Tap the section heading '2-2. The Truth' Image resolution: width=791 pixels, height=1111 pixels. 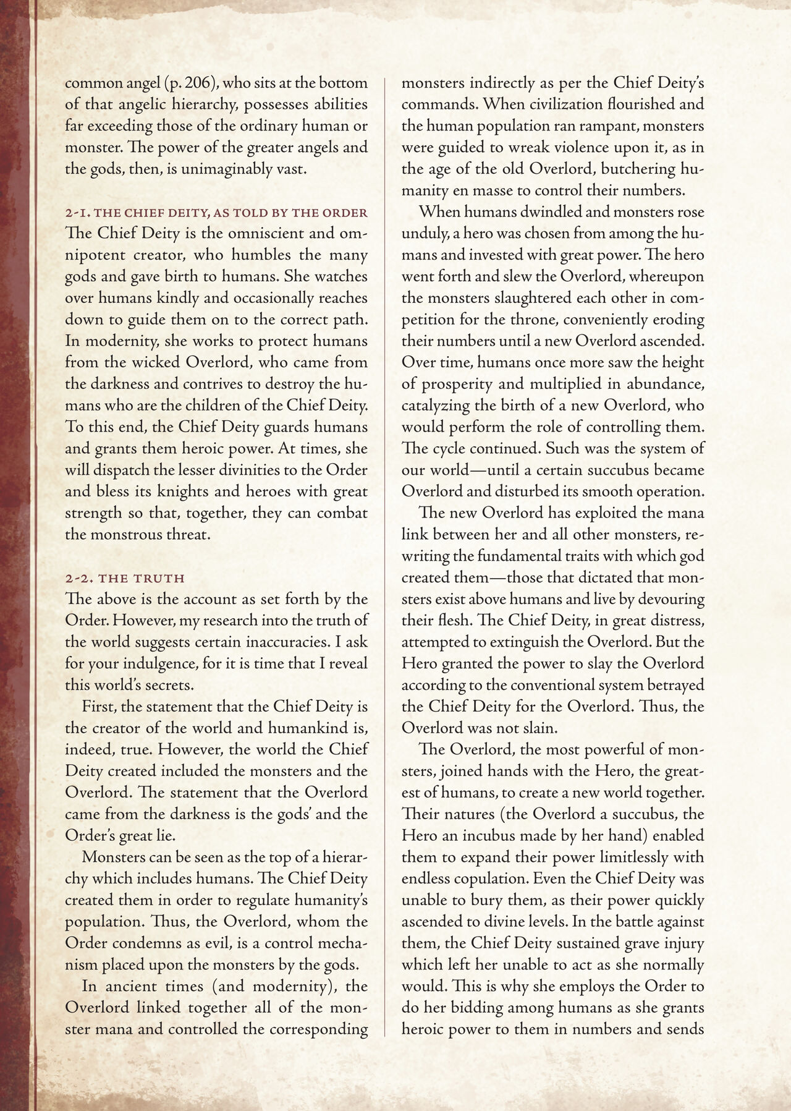[125, 579]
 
